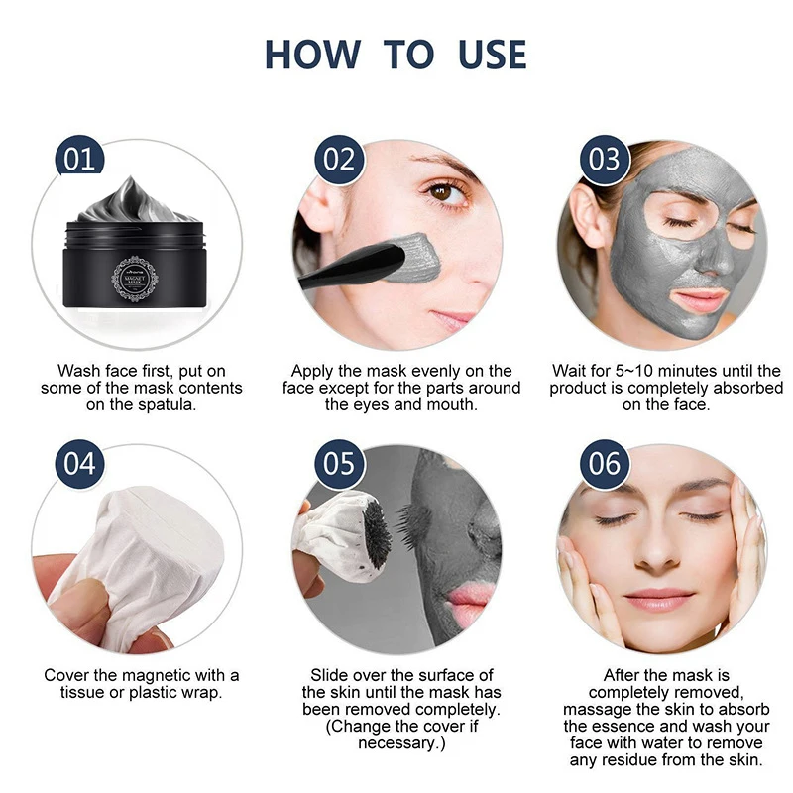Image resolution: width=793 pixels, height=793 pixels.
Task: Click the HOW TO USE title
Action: click(x=396, y=55)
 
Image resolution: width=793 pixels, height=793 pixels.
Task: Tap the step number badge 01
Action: click(x=78, y=160)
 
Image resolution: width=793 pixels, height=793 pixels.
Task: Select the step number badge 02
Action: click(x=340, y=160)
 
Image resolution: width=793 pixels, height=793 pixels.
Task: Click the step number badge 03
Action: click(x=603, y=160)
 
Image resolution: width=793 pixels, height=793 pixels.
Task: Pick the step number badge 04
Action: click(x=78, y=463)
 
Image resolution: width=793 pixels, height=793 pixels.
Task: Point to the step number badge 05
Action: click(x=340, y=463)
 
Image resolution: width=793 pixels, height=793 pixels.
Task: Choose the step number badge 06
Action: click(x=603, y=463)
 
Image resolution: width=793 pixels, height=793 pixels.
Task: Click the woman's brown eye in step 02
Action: click(x=448, y=191)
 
